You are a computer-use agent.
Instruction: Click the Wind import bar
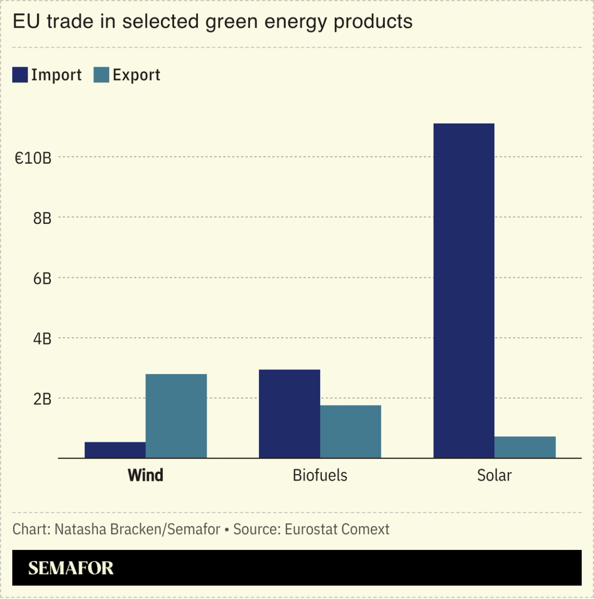click(115, 450)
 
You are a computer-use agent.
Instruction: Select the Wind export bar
click(176, 416)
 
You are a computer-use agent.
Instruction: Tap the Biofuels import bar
click(289, 414)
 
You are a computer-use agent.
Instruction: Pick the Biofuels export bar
click(351, 431)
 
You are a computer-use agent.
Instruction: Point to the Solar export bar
click(525, 447)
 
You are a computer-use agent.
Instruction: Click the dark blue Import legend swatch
click(20, 75)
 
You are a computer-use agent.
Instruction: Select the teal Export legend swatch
click(101, 75)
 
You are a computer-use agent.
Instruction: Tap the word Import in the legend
click(56, 75)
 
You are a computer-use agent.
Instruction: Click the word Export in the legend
click(136, 75)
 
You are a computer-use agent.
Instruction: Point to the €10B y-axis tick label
click(33, 158)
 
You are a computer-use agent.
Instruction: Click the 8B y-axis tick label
click(42, 218)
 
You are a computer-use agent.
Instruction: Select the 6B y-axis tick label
click(42, 279)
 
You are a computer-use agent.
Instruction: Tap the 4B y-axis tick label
click(42, 339)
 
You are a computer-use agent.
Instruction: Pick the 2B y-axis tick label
click(42, 399)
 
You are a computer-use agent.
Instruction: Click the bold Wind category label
click(145, 475)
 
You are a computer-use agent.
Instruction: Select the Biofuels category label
click(320, 475)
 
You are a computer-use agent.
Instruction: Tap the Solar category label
click(494, 475)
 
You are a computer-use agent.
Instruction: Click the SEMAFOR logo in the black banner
click(71, 568)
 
